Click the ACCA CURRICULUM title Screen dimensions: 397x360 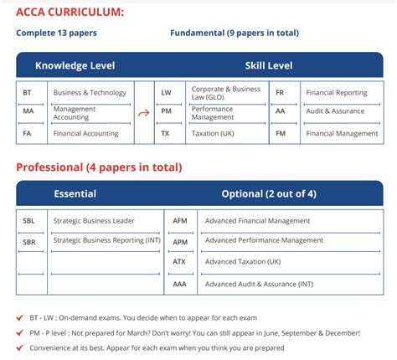click(x=70, y=12)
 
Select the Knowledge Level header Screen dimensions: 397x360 click(x=75, y=65)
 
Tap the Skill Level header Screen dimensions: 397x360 click(x=268, y=65)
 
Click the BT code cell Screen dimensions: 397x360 click(x=28, y=93)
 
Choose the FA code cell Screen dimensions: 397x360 click(x=28, y=134)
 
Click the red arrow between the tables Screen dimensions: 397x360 click(x=143, y=114)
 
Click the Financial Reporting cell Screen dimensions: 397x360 click(x=335, y=93)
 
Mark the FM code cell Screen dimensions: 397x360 click(x=280, y=134)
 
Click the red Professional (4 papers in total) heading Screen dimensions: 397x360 click(x=99, y=167)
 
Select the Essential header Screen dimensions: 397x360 click(x=75, y=193)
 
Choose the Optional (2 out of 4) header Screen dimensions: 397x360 click(x=268, y=193)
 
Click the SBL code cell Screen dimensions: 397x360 click(x=29, y=221)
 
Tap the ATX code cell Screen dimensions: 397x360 click(x=179, y=262)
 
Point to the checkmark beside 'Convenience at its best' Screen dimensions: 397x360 click(x=20, y=347)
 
